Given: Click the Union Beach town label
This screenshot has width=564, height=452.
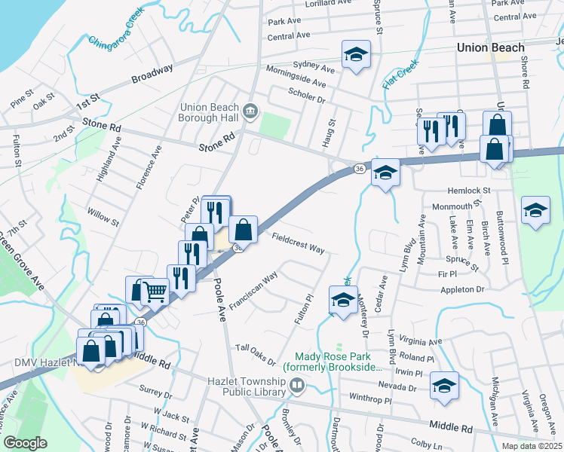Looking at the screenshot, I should pyautogui.click(x=490, y=47).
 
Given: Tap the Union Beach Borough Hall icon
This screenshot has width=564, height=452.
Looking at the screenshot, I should pyautogui.click(x=251, y=111).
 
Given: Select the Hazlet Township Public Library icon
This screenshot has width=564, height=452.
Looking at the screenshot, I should pyautogui.click(x=297, y=386).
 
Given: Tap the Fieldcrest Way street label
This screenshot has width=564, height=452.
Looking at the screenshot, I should pyautogui.click(x=298, y=243).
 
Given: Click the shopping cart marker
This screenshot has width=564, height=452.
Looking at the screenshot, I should pyautogui.click(x=155, y=290).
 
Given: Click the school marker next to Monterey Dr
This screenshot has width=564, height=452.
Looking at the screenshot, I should pyautogui.click(x=342, y=300).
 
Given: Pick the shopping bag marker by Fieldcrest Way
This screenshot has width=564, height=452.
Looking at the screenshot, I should pyautogui.click(x=244, y=228).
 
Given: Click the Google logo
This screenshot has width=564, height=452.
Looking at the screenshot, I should pyautogui.click(x=25, y=443).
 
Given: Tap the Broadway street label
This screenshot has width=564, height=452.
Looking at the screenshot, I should pyautogui.click(x=152, y=73).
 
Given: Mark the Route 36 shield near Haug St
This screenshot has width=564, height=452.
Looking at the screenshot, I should pyautogui.click(x=360, y=169).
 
